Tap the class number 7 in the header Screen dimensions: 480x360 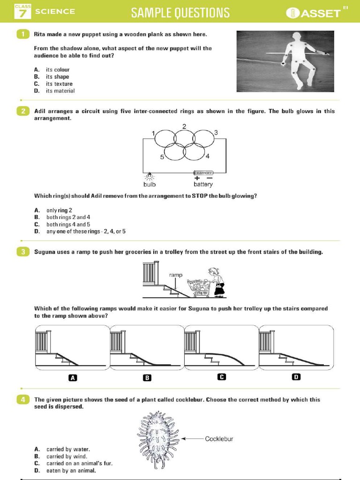[22, 14]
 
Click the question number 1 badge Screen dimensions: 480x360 [22, 35]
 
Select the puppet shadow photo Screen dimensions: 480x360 [285, 61]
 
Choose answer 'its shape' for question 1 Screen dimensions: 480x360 [57, 77]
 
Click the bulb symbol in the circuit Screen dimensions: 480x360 [150, 176]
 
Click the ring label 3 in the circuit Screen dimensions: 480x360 [216, 133]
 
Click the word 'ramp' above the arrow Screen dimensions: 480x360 [177, 275]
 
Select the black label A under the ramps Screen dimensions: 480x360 [73, 377]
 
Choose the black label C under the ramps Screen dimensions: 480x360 [222, 377]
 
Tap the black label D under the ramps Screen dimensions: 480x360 [296, 377]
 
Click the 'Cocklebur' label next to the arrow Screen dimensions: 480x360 [219, 439]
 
